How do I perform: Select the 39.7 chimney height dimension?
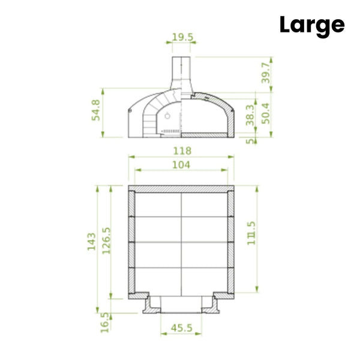pos(266,73)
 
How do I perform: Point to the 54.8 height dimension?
pos(96,110)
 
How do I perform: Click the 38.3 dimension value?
pos(250,115)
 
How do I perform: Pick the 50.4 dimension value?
pos(266,113)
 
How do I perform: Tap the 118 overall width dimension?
pos(182,151)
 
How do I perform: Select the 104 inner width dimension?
pos(181,165)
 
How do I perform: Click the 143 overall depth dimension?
pos(91,242)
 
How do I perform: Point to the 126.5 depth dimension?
pos(106,241)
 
